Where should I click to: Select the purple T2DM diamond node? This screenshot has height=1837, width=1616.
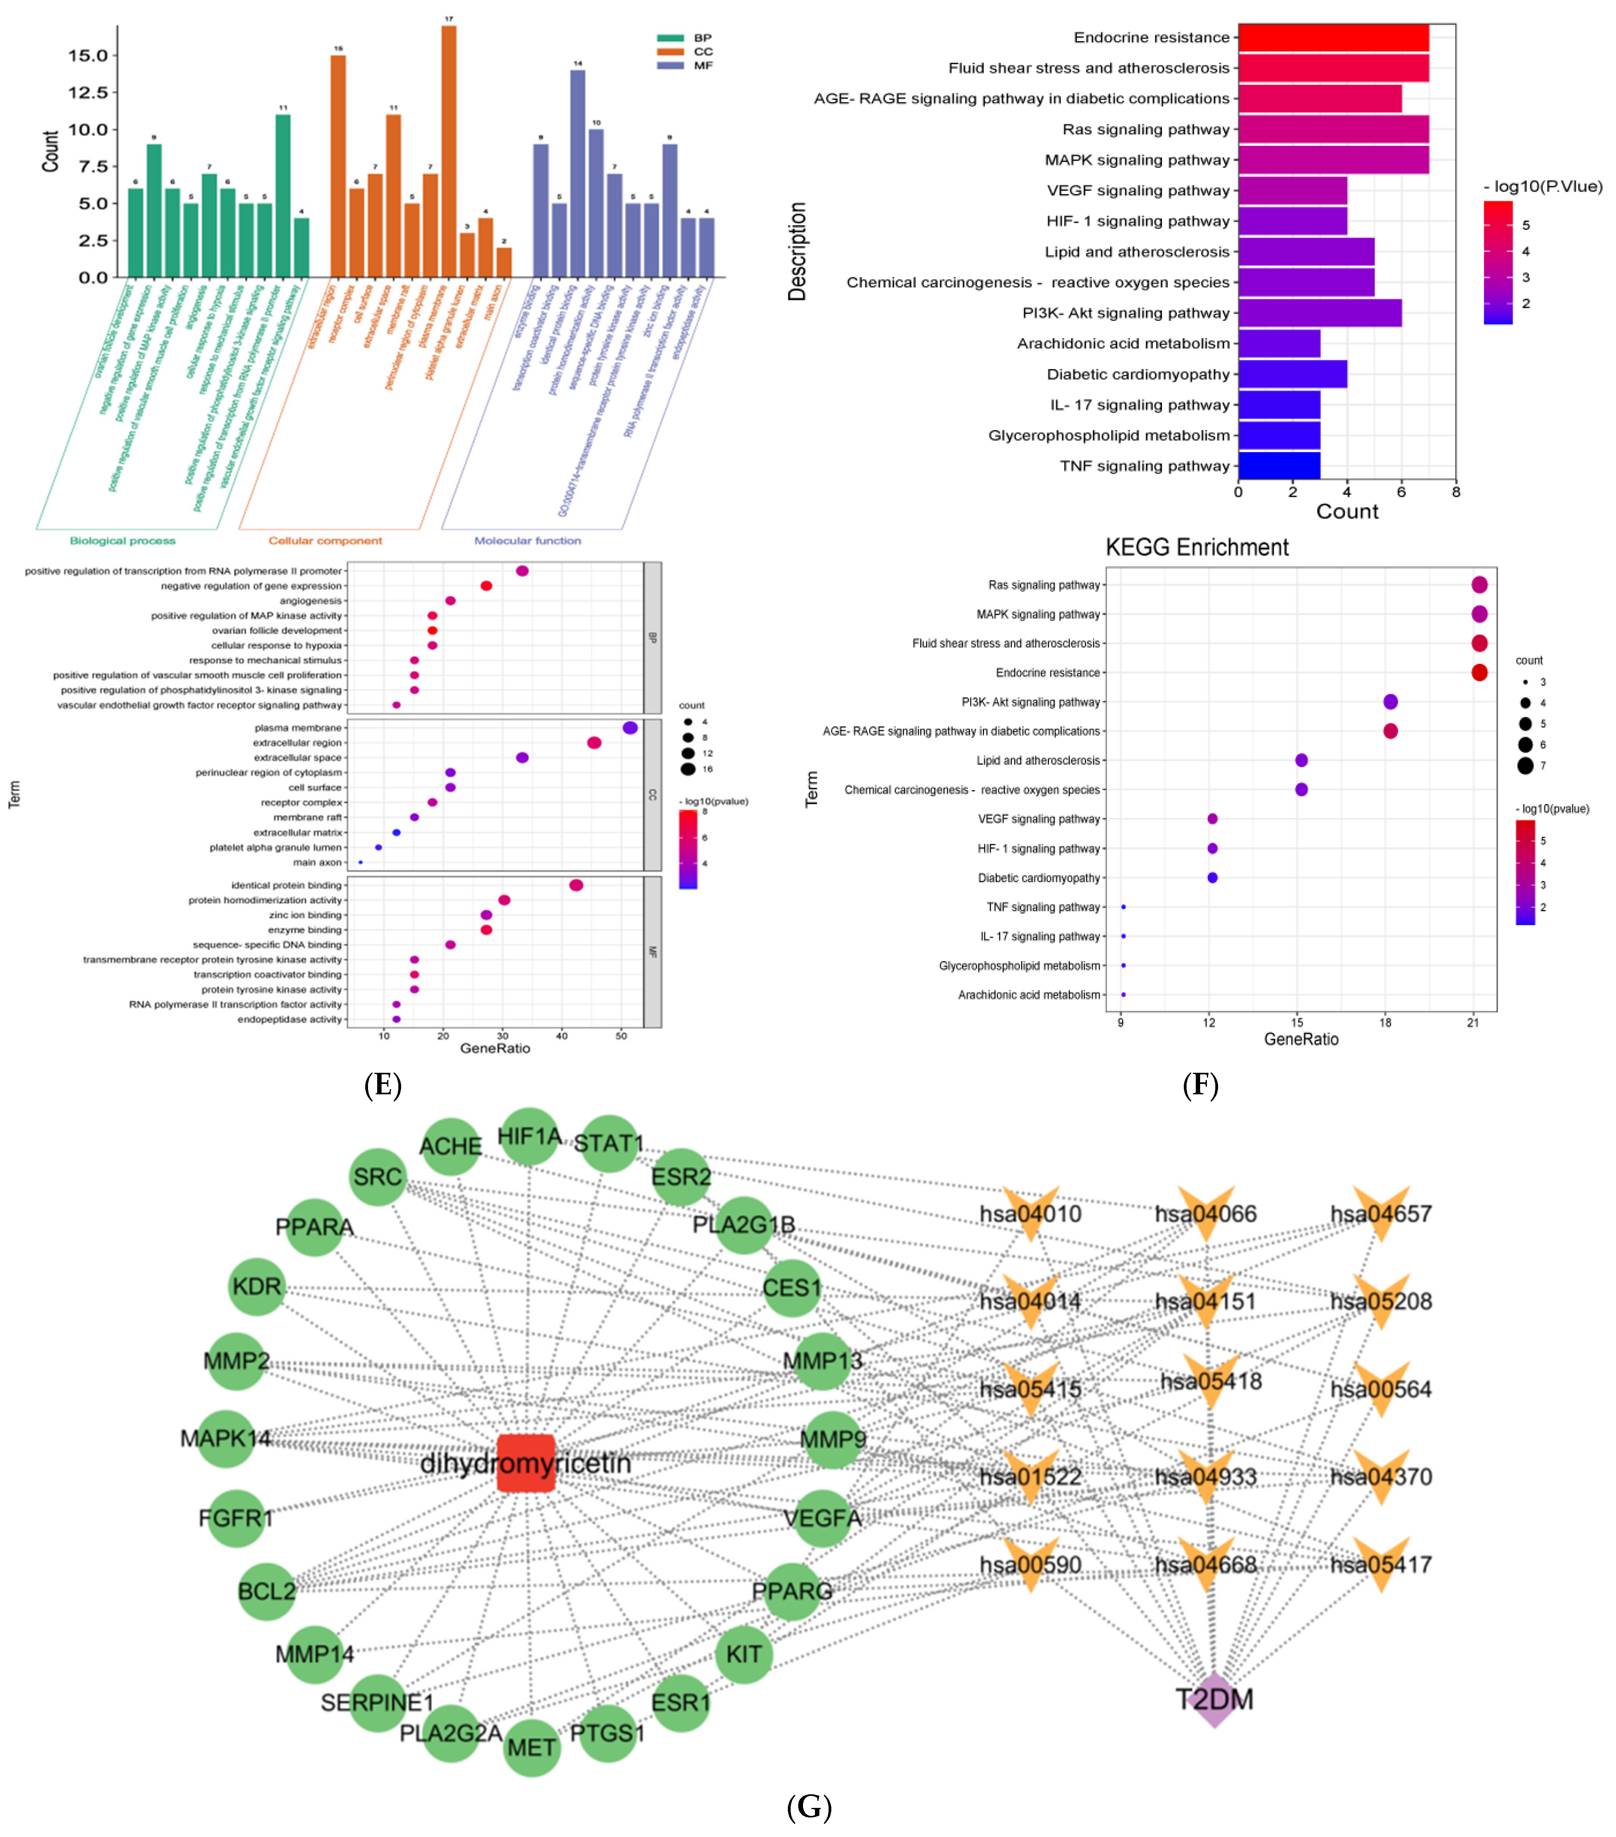(1214, 1699)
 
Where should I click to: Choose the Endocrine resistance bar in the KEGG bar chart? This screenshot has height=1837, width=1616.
(1333, 38)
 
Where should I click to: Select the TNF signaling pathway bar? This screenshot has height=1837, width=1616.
(1279, 466)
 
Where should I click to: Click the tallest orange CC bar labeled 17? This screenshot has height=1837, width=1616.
(449, 151)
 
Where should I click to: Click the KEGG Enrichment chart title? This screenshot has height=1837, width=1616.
(1196, 547)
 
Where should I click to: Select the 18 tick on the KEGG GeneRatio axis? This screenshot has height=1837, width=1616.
(1385, 1022)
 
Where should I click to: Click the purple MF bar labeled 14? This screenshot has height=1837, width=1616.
(577, 173)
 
